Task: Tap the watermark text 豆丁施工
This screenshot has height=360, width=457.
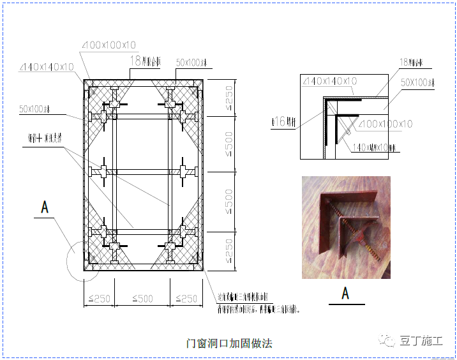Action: click(x=421, y=340)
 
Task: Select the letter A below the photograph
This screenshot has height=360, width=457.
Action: click(x=345, y=293)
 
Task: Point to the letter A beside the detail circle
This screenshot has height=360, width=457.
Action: click(x=45, y=207)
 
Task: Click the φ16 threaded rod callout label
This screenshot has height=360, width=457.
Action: click(x=281, y=121)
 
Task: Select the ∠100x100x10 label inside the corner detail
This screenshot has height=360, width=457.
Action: click(x=386, y=124)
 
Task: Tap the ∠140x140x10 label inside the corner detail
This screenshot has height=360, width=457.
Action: click(x=330, y=81)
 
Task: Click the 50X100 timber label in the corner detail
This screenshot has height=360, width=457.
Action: click(x=418, y=83)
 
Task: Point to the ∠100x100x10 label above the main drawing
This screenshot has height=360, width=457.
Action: click(x=109, y=45)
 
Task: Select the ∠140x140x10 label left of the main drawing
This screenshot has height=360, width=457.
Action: click(x=46, y=67)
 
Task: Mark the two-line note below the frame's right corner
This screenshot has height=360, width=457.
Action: click(x=258, y=303)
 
